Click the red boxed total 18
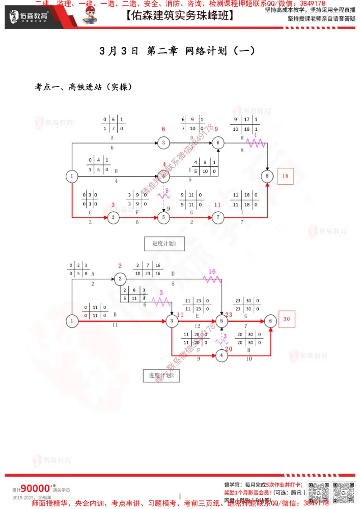click(x=285, y=176)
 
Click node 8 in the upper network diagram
click(x=268, y=176)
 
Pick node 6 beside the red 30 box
click(x=270, y=321)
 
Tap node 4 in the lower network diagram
click(x=221, y=355)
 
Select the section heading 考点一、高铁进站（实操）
click(x=83, y=87)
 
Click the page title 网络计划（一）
click(x=220, y=51)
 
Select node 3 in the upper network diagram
click(x=163, y=143)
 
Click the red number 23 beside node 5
click(x=229, y=315)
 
